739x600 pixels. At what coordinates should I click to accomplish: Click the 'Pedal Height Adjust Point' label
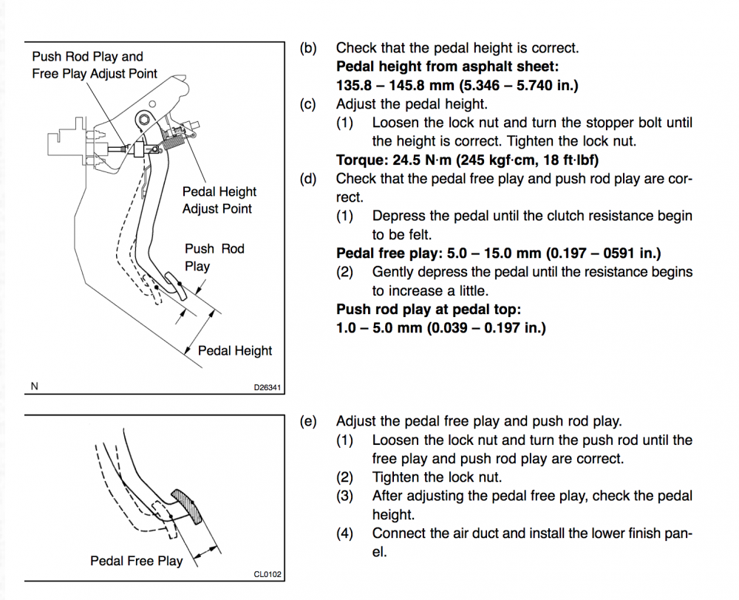(219, 200)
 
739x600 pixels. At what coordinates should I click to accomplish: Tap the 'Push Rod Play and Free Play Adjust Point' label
(95, 65)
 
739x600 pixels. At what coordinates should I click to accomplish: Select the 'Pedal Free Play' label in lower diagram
(136, 561)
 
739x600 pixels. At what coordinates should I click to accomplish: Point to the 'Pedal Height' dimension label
(235, 351)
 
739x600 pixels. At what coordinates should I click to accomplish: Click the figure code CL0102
(268, 573)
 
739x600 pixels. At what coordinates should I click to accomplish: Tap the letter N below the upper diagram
(35, 386)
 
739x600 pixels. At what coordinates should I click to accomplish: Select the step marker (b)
(308, 48)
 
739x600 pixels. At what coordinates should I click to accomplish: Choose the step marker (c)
(308, 104)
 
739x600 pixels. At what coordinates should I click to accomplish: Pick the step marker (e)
(308, 422)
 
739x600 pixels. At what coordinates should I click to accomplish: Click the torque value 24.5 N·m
(422, 160)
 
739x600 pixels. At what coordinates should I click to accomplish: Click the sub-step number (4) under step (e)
(345, 533)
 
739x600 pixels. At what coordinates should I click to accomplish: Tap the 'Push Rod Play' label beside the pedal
(214, 257)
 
